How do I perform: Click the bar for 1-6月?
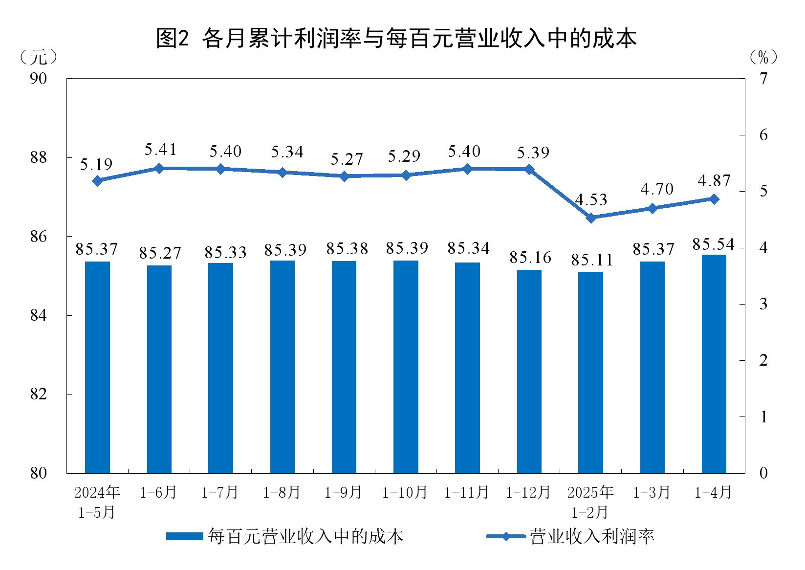pyautogui.click(x=159, y=369)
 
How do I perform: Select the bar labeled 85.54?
pyautogui.click(x=714, y=364)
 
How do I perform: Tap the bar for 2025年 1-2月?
pyautogui.click(x=590, y=372)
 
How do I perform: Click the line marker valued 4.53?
pyautogui.click(x=591, y=218)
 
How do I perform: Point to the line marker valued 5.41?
pyautogui.click(x=159, y=168)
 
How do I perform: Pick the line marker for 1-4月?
pyautogui.click(x=714, y=199)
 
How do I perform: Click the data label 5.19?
pyautogui.click(x=96, y=165)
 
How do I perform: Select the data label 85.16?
pyautogui.click(x=530, y=258)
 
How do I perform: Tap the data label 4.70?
pyautogui.click(x=657, y=189)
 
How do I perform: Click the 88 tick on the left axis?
pyautogui.click(x=38, y=157)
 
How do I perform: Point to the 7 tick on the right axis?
pyautogui.click(x=763, y=78)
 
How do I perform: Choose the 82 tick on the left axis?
pyautogui.click(x=38, y=394)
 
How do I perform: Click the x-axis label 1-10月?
pyautogui.click(x=405, y=492)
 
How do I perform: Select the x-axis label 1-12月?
pyautogui.click(x=528, y=492)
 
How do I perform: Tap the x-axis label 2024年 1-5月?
pyautogui.click(x=97, y=502)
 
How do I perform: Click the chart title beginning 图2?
pyautogui.click(x=396, y=38)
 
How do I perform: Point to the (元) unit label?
pyautogui.click(x=38, y=58)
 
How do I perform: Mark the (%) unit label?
pyautogui.click(x=762, y=58)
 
